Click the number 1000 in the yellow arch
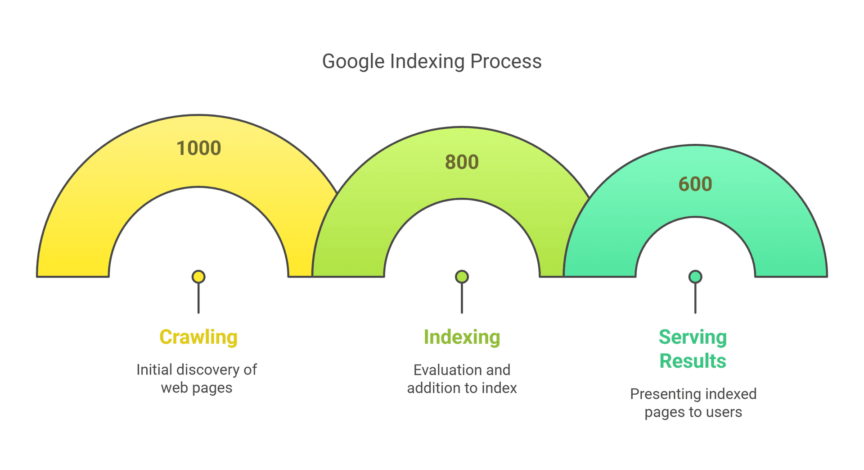click(198, 148)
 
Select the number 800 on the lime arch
click(462, 162)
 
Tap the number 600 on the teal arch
click(695, 184)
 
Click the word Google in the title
click(353, 62)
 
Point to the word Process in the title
click(506, 61)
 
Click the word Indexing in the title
click(427, 62)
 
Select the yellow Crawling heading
click(198, 337)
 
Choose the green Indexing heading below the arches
click(462, 337)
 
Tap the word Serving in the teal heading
click(693, 337)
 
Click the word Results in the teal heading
click(693, 361)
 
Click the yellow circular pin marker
click(198, 277)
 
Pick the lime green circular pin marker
click(462, 277)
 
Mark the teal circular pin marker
click(695, 277)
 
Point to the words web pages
click(197, 388)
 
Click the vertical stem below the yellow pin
click(198, 299)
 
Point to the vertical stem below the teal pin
click(695, 299)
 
